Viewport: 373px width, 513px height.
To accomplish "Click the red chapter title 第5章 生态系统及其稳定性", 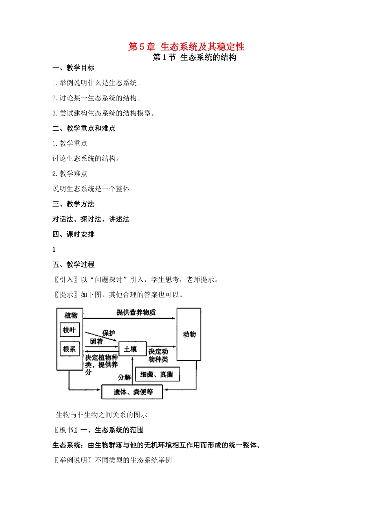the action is [x=186, y=47].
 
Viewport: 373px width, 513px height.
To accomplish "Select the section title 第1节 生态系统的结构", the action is [x=194, y=57].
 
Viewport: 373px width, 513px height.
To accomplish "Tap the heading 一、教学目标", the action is [x=73, y=68].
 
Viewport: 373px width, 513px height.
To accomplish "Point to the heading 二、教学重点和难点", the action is [x=84, y=128].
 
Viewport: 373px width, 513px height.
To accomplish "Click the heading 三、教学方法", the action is [x=73, y=204].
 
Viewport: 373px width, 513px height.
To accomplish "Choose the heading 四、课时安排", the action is [x=73, y=234].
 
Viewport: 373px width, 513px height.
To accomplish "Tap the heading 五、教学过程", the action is [x=73, y=264].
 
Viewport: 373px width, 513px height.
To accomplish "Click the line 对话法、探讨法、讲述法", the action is [x=91, y=219].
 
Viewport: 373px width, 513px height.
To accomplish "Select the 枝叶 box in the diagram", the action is [x=69, y=330].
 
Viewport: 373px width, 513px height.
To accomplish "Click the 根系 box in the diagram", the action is [x=69, y=349].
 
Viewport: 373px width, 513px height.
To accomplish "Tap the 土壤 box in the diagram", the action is [x=132, y=349].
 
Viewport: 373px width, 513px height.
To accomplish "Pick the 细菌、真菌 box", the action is [x=157, y=374].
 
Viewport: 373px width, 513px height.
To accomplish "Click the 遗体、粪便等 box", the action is [x=132, y=392].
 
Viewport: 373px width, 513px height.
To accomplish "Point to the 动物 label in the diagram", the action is [x=189, y=334].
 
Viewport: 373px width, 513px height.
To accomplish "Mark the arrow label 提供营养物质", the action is [x=136, y=312].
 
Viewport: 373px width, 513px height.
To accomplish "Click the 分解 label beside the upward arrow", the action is [x=124, y=377].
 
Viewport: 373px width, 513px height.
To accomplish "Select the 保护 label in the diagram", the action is [x=109, y=333].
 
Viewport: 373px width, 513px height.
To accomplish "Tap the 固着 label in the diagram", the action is [x=96, y=341].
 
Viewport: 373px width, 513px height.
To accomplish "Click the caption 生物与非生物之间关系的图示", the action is [x=102, y=415].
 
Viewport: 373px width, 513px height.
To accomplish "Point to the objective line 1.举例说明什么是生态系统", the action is [x=97, y=83].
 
